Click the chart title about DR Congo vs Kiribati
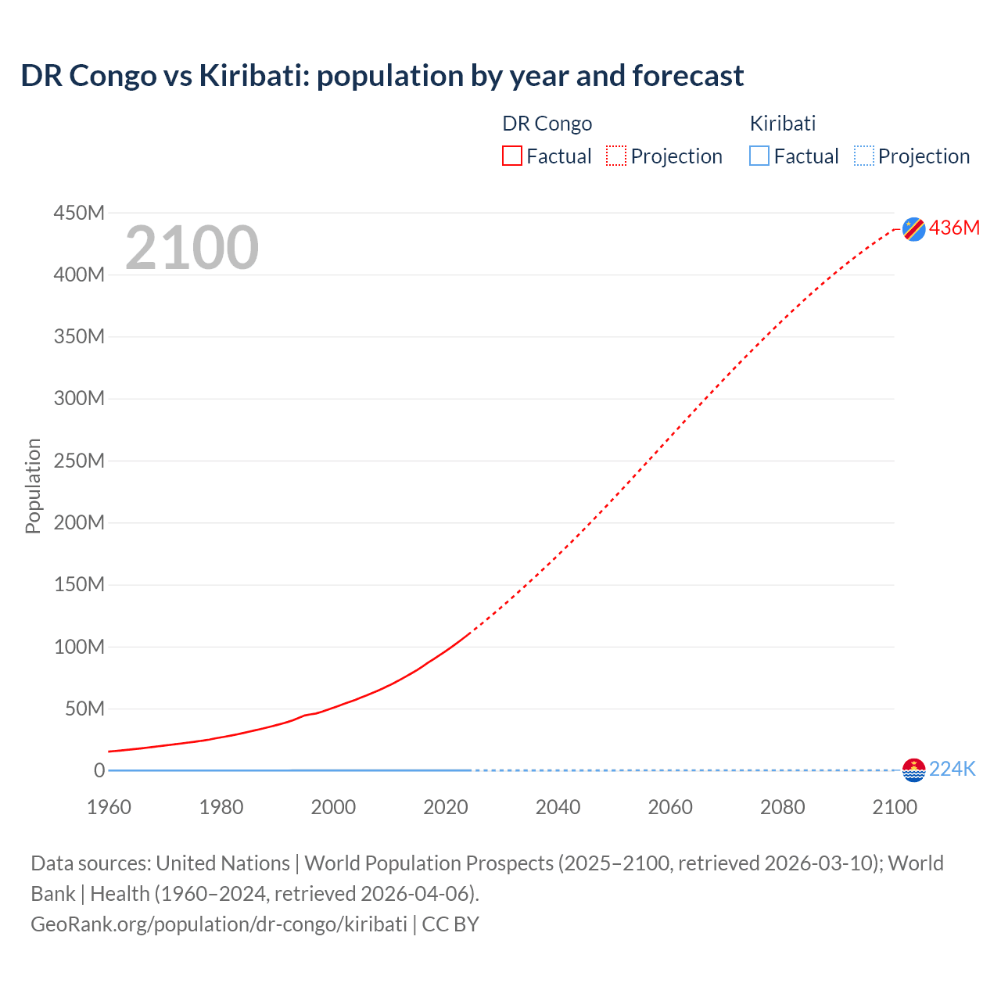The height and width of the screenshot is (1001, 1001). pyautogui.click(x=382, y=76)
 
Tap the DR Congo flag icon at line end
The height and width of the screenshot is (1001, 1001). pyautogui.click(x=913, y=228)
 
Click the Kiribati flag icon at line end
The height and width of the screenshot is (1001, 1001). pyautogui.click(x=913, y=770)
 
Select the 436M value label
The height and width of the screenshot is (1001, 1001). pyautogui.click(x=954, y=228)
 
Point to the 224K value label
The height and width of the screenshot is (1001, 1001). pyautogui.click(x=953, y=770)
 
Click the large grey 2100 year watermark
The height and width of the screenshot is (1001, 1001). pyautogui.click(x=192, y=248)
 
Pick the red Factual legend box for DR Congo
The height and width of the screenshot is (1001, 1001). pyautogui.click(x=512, y=156)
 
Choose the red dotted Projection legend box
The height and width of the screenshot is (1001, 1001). pyautogui.click(x=616, y=156)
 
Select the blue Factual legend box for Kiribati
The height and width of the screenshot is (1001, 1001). pyautogui.click(x=759, y=156)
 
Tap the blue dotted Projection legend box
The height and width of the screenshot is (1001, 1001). pyautogui.click(x=864, y=156)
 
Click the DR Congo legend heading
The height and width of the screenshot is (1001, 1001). pyautogui.click(x=547, y=124)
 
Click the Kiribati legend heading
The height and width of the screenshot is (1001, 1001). pyautogui.click(x=783, y=124)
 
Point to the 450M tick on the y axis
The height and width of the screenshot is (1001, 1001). pyautogui.click(x=79, y=213)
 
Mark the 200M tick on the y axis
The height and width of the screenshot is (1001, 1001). pyautogui.click(x=79, y=522)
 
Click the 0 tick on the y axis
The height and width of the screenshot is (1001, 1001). pyautogui.click(x=99, y=770)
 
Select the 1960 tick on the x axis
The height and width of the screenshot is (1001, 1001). pyautogui.click(x=109, y=807)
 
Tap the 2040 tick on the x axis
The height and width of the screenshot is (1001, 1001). pyautogui.click(x=558, y=807)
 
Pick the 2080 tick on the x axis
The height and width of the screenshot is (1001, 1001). pyautogui.click(x=782, y=807)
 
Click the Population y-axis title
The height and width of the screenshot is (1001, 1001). pyautogui.click(x=33, y=486)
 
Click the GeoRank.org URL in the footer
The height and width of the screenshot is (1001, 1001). pyautogui.click(x=219, y=924)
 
